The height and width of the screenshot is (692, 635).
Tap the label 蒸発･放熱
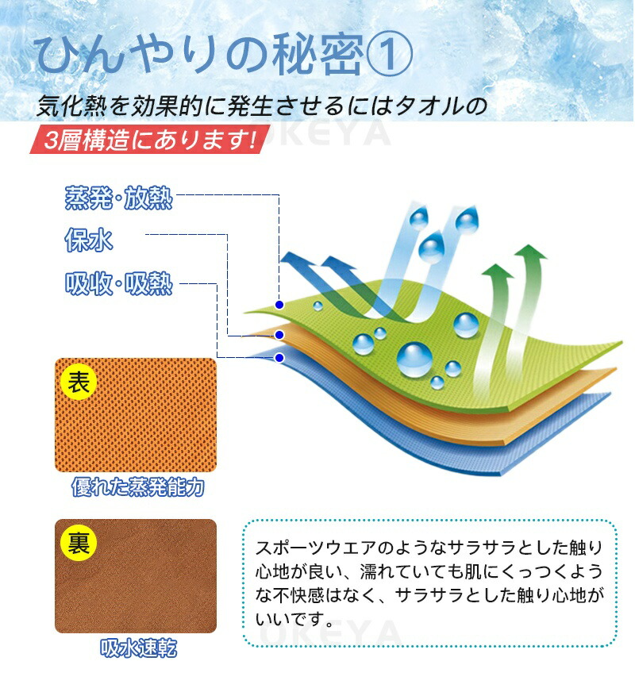point(118,197)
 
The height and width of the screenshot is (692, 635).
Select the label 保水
point(89,240)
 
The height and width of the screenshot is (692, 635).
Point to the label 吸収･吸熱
point(118,284)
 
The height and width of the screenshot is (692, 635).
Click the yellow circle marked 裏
point(78,542)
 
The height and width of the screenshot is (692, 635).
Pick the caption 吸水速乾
point(137,648)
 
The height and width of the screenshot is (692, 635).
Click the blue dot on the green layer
point(279,305)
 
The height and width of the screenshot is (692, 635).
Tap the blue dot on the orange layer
point(279,335)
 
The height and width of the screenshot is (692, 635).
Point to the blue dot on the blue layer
point(279,358)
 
